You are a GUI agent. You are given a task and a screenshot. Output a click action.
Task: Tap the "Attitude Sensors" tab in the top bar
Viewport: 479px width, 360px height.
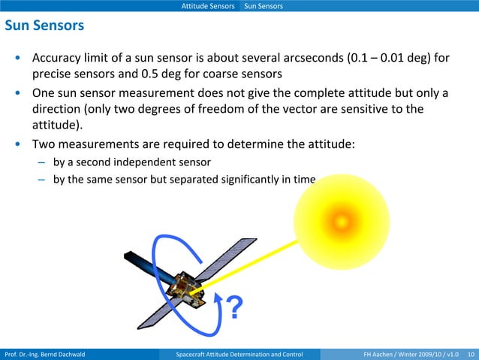pyautogui.click(x=208, y=6)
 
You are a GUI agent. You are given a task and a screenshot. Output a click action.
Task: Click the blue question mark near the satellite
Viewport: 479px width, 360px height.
pyautogui.click(x=235, y=308)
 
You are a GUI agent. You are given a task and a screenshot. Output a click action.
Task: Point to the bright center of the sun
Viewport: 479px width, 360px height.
pyautogui.click(x=342, y=221)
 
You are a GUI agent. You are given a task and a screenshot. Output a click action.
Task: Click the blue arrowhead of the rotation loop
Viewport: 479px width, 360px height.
pyautogui.click(x=218, y=298)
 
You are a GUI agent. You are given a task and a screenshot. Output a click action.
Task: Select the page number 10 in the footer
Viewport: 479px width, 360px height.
pyautogui.click(x=471, y=354)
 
